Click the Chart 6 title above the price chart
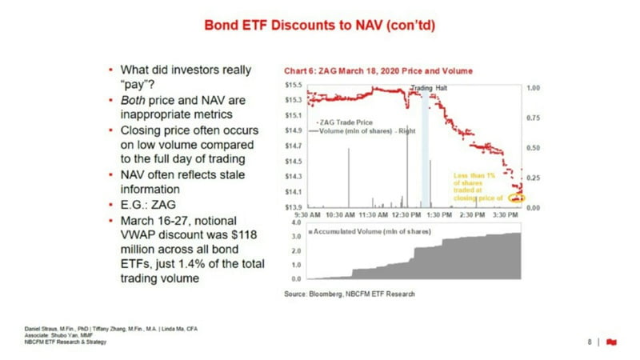373,71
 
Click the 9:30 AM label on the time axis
308,215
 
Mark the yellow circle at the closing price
517,198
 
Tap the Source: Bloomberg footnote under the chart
350,294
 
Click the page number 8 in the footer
590,342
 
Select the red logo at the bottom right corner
612,342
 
